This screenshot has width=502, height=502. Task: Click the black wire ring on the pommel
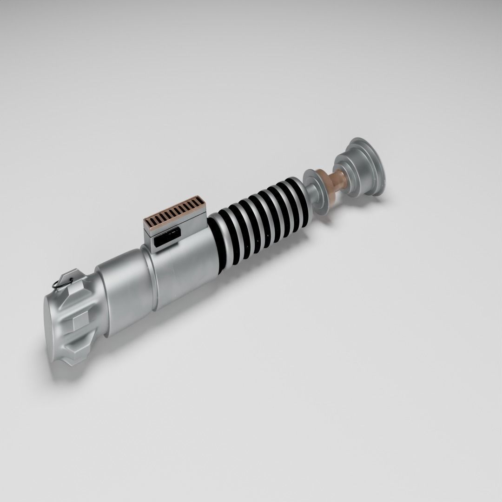click(x=59, y=282)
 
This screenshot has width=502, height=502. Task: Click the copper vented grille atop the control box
click(x=174, y=211)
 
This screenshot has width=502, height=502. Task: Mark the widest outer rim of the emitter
click(x=372, y=163)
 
